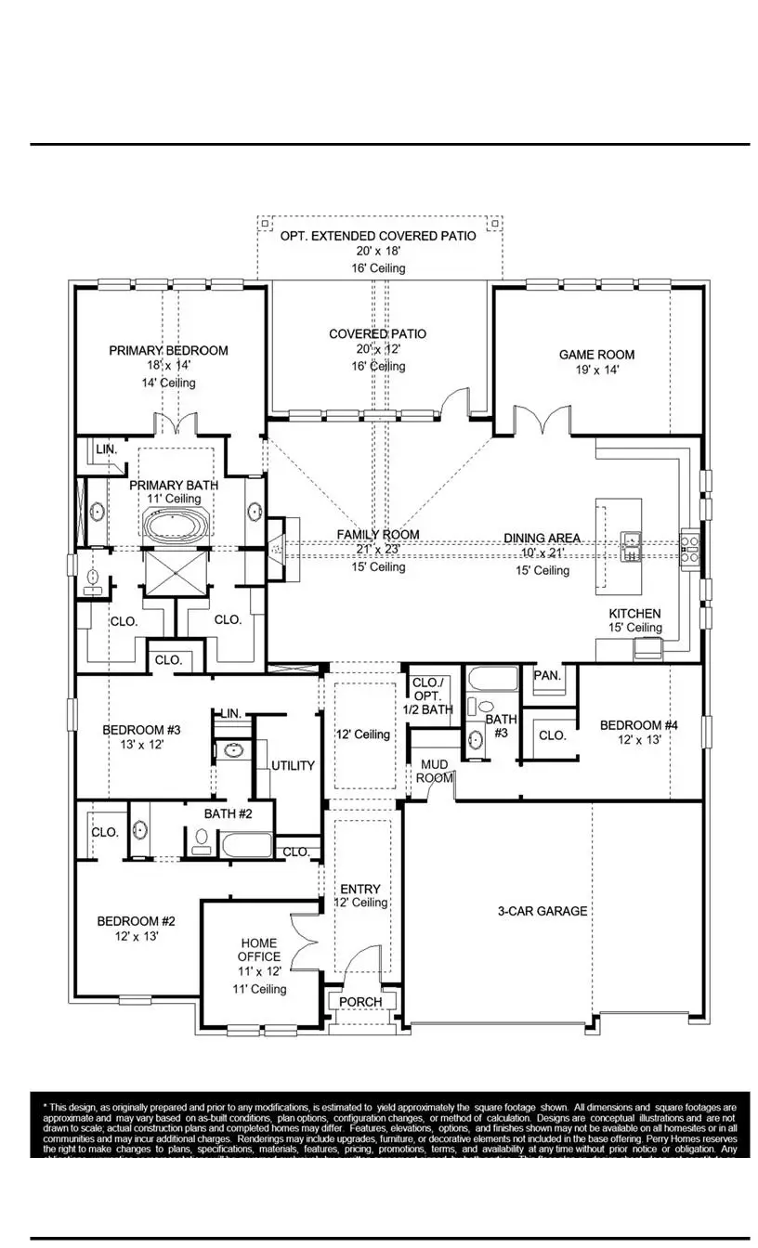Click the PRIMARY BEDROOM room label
(168, 350)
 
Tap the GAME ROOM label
(596, 354)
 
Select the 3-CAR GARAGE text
(542, 911)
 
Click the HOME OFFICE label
(259, 950)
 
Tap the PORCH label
(360, 1002)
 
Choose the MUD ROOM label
(435, 771)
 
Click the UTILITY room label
(293, 765)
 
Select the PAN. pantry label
(547, 675)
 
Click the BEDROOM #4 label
(636, 725)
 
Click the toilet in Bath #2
(201, 841)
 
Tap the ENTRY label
(360, 888)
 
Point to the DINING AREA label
(542, 538)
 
